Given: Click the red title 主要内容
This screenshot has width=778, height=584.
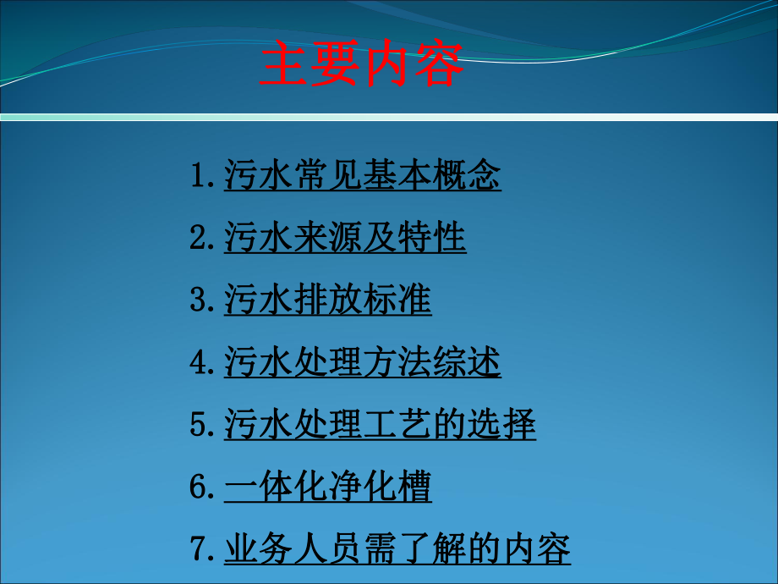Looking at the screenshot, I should pos(362,66).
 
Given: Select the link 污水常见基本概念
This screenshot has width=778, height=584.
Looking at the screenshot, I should pos(362,176).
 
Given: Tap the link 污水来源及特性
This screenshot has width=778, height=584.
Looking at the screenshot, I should pos(345,239).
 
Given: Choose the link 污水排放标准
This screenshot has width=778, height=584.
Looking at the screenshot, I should pos(327,300).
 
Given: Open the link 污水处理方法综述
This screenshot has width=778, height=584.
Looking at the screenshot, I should pos(362,363).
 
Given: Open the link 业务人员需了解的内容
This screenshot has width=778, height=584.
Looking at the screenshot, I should pos(397,549).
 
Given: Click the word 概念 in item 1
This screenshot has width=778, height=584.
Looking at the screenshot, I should pos(467,176).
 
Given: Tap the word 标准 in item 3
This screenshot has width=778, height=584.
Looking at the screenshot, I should pos(397,300).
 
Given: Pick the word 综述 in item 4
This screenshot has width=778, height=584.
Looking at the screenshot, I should pos(467,363).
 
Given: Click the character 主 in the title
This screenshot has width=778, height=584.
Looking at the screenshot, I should pos(284,66).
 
